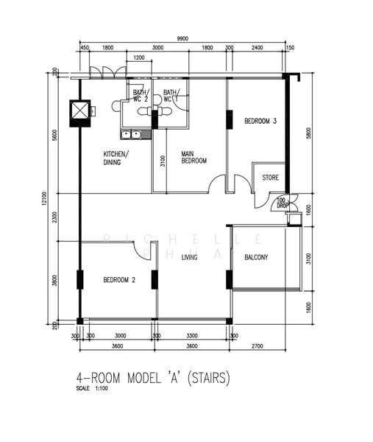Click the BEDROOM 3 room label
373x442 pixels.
(260, 122)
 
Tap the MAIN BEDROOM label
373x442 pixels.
(193, 157)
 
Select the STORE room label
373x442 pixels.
(270, 177)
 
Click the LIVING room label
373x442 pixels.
(190, 257)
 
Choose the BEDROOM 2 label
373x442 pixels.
(119, 280)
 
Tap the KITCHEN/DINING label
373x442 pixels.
(116, 158)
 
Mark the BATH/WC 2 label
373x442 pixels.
(141, 95)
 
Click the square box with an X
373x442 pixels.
(79, 111)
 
